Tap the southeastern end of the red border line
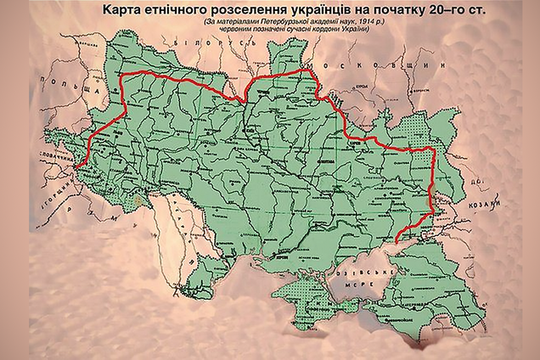(x=396, y=243)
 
